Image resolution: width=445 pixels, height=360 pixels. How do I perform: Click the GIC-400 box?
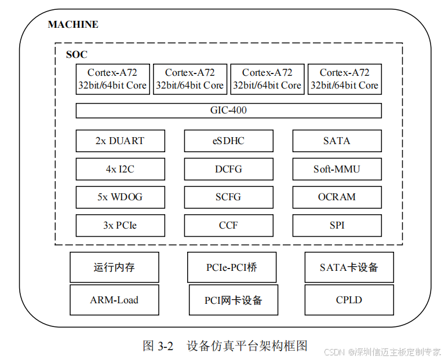click(x=228, y=110)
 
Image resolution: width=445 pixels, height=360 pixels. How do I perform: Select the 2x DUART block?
click(x=120, y=141)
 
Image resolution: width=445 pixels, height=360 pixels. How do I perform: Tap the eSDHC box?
click(x=228, y=141)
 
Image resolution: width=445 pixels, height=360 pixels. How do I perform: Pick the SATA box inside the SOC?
click(x=337, y=141)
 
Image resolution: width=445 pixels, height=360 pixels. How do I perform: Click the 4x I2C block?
click(x=120, y=169)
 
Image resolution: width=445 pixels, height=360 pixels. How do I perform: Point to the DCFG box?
click(x=228, y=169)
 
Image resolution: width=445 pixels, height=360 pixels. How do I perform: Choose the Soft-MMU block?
click(x=337, y=169)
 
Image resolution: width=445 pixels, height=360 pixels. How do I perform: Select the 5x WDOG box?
click(x=120, y=197)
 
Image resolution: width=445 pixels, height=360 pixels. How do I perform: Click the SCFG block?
click(x=228, y=197)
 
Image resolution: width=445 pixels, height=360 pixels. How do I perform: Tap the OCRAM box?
click(x=337, y=197)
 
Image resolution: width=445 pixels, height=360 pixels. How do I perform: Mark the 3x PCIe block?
click(x=120, y=225)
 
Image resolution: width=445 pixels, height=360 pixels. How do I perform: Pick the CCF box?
click(x=228, y=225)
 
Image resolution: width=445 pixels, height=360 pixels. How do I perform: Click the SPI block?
click(x=337, y=225)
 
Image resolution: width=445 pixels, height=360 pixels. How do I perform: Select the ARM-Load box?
click(x=114, y=300)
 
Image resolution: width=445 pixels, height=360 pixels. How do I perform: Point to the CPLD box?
click(x=349, y=300)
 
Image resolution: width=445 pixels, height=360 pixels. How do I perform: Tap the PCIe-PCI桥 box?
click(x=232, y=267)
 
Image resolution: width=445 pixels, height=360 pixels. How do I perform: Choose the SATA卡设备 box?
click(x=349, y=267)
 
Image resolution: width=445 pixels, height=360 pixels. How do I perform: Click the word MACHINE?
click(x=73, y=24)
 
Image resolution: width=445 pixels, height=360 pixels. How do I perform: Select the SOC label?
click(x=76, y=54)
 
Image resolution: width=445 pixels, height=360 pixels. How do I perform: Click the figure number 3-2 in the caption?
click(x=166, y=347)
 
